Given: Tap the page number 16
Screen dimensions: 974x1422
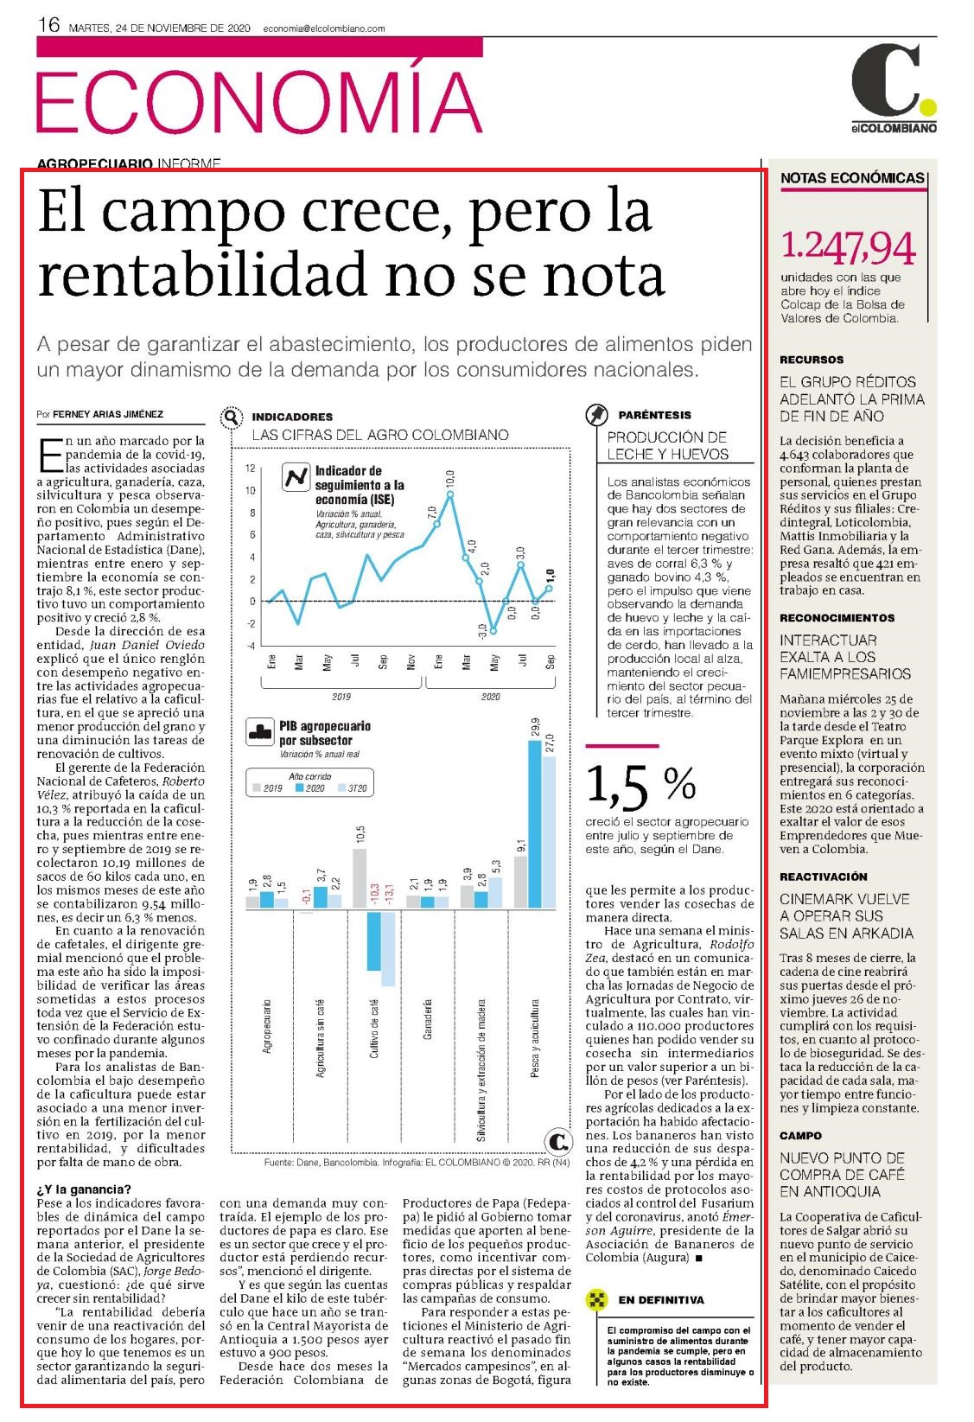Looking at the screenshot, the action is (x=49, y=25).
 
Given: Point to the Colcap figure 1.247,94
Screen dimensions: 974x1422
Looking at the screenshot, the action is (x=848, y=247).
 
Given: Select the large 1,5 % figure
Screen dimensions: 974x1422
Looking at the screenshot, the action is (x=640, y=784).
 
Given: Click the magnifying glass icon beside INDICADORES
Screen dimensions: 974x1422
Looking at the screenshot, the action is (x=232, y=418).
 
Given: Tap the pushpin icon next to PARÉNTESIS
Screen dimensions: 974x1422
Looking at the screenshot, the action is (x=596, y=415).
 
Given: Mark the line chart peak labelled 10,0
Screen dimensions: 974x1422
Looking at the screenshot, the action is (x=450, y=494).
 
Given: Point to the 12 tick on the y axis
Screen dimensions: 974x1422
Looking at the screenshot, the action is (x=251, y=469).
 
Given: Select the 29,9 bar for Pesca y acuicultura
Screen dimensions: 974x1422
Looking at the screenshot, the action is (x=535, y=824).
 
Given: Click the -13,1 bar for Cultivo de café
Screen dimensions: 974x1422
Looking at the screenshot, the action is (x=388, y=949).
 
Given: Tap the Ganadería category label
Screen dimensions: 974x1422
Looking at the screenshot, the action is (x=428, y=1019).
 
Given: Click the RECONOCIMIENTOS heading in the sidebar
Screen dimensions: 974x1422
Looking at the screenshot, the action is (x=837, y=618).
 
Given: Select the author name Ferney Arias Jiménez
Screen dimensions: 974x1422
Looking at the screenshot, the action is (x=108, y=414).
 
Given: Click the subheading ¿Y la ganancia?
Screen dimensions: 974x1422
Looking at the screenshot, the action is (x=84, y=1189).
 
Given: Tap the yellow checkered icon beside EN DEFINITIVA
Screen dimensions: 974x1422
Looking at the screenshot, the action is (x=596, y=1299).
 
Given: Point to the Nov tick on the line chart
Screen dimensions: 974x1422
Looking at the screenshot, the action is (x=411, y=662).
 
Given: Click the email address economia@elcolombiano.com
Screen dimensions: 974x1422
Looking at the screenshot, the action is (x=323, y=29).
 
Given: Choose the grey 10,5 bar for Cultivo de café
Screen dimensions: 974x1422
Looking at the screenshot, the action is (x=360, y=878).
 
